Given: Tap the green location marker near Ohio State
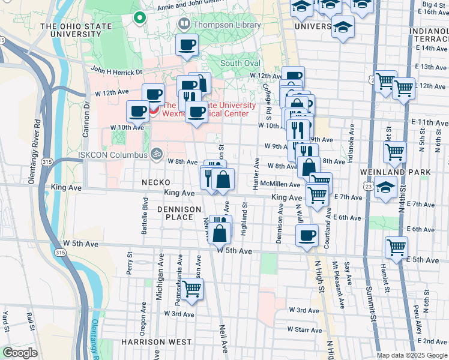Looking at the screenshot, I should (139, 17).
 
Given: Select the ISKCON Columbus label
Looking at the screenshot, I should (113, 155).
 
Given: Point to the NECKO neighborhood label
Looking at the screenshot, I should (155, 182).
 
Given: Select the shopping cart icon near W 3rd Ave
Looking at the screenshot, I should (191, 289).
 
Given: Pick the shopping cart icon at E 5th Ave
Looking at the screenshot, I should (396, 247).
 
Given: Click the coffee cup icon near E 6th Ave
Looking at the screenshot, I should (307, 235).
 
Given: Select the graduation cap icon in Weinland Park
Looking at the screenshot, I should (385, 187).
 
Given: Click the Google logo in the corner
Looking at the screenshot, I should (20, 353).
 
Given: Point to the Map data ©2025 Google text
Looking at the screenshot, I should (412, 355).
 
